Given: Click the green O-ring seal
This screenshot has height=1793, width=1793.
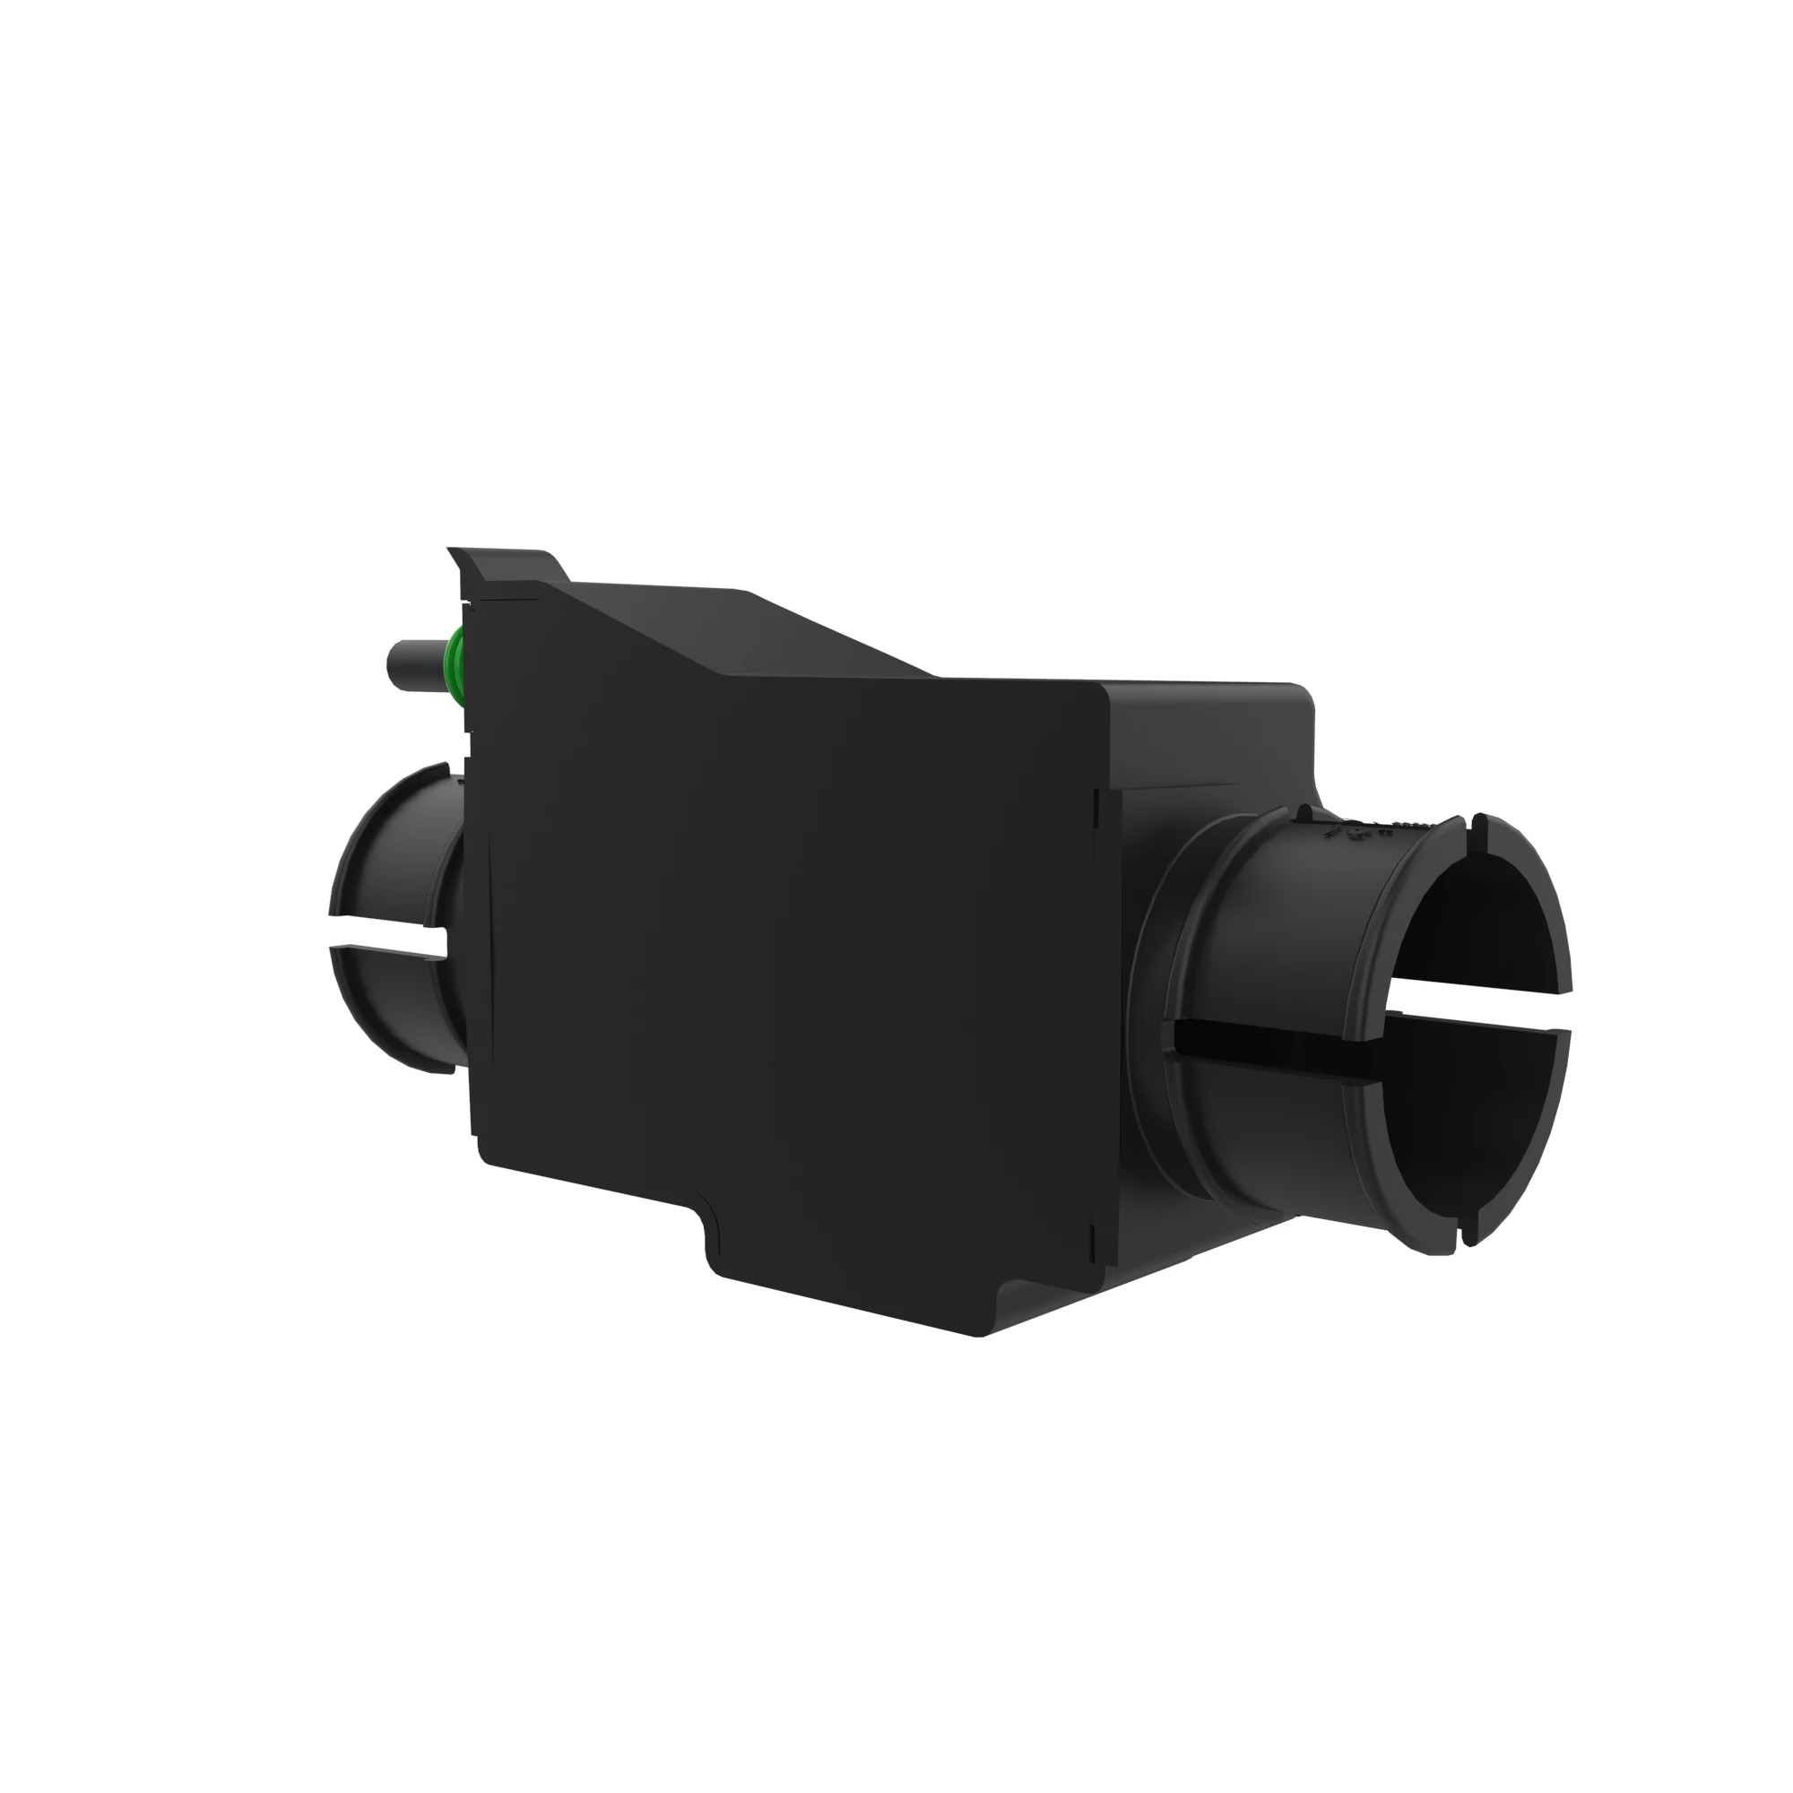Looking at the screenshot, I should coord(455,663).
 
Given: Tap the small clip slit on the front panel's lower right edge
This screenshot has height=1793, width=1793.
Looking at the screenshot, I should coord(1096,1243).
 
